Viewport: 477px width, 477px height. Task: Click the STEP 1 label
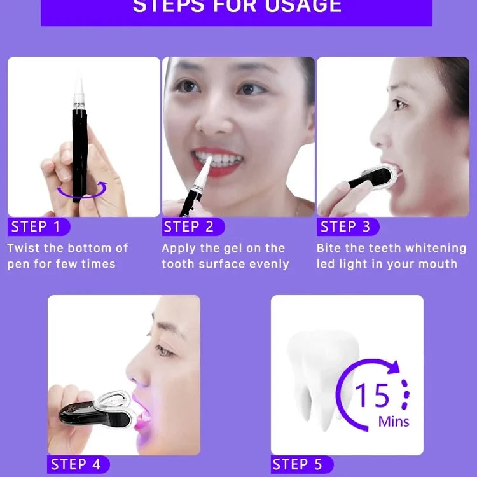36,227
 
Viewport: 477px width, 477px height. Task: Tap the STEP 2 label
189,227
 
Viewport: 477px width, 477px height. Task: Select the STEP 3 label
345,227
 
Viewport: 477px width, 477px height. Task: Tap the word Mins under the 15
394,422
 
